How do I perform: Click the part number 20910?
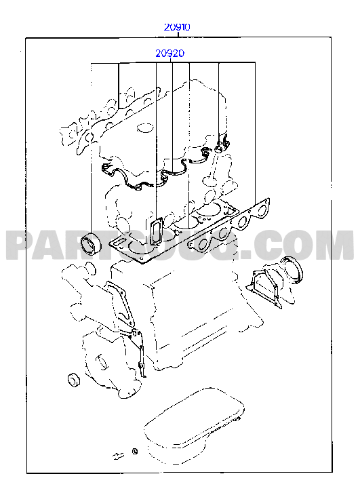point(177,27)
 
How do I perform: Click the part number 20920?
point(169,54)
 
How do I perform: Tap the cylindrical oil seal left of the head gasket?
point(91,243)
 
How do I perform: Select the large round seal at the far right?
point(292,270)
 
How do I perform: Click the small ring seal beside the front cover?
point(74,380)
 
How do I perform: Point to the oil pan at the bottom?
point(194,425)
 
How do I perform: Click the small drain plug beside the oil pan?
point(118,456)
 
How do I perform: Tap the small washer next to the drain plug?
point(134,452)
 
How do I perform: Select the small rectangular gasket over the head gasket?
point(156,231)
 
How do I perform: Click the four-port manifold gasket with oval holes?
point(229,224)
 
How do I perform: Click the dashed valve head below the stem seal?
point(208,180)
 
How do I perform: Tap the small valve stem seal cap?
point(218,148)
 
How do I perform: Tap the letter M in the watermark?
point(334,245)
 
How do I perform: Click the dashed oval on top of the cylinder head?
point(145,129)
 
